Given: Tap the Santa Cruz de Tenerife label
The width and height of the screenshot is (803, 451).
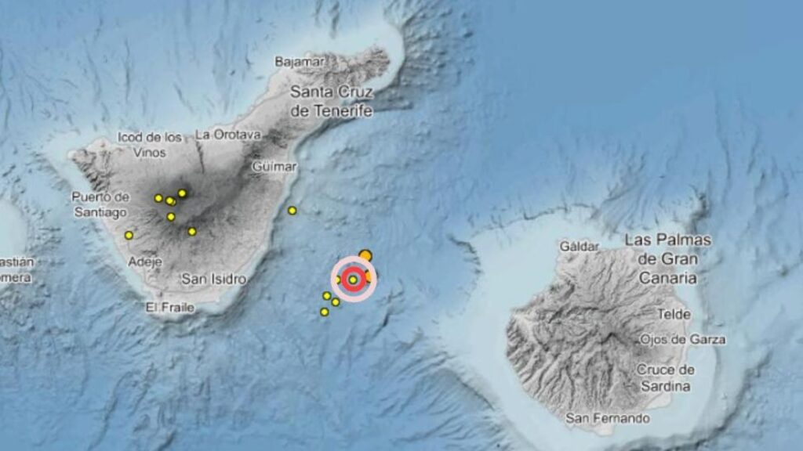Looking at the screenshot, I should click(331, 102).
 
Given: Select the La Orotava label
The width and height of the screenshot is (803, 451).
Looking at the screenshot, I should click(227, 134).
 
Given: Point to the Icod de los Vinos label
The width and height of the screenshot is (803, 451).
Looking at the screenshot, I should click(150, 144).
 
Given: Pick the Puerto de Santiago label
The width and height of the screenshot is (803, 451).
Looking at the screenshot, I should click(99, 204).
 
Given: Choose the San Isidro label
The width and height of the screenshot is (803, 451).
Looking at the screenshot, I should click(213, 279).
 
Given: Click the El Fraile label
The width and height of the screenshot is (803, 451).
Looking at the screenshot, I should click(169, 308).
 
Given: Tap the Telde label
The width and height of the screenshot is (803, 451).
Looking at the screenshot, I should click(674, 315).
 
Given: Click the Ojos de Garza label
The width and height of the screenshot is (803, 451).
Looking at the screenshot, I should click(682, 340).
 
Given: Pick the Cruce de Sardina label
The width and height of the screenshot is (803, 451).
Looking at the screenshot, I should click(665, 377).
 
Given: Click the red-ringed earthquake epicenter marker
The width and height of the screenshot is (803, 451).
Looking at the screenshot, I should click(354, 280).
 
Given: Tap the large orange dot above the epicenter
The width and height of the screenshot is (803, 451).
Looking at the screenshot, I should click(365, 254).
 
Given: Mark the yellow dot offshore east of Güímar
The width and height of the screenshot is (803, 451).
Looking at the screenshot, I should click(292, 210).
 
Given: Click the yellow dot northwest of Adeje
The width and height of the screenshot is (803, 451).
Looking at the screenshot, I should click(129, 235).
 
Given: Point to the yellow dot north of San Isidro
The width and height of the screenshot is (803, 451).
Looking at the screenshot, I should click(192, 231).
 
